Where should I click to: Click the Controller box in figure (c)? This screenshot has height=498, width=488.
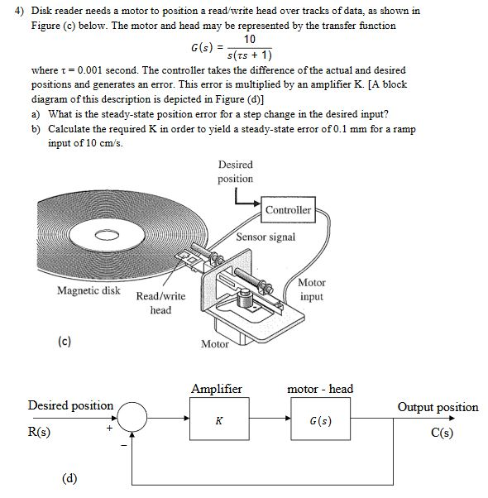point(288,209)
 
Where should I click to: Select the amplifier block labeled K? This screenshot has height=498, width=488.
point(219,419)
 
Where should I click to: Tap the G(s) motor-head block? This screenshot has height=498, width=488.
point(321,419)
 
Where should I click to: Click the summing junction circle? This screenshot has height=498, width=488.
point(132,417)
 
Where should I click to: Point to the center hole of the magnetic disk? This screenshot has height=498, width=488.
point(107,235)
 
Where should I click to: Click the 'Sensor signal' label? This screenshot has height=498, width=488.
point(266,237)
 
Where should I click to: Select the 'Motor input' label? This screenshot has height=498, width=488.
point(312,290)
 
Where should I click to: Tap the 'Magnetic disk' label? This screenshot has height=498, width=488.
point(89,290)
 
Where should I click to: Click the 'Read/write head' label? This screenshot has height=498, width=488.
point(160,303)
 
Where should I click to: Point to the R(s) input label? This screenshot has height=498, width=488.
point(39,432)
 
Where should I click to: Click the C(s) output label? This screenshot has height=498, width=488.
point(442,433)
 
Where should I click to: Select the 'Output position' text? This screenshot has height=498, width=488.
point(438,407)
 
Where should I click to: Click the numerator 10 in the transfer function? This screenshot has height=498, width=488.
point(250,39)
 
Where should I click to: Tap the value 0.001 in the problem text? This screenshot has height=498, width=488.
point(89,69)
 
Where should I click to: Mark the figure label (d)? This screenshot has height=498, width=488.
point(69,478)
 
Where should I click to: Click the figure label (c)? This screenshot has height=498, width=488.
point(65,341)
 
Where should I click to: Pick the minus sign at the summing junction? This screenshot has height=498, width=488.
point(123,446)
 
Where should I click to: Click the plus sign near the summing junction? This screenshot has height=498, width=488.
point(109,429)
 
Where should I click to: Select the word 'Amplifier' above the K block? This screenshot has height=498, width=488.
point(217,389)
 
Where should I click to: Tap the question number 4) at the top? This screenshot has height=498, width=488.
point(19,11)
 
